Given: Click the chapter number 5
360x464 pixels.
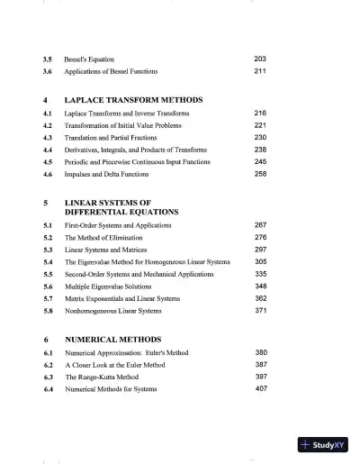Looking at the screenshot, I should click(x=45, y=203).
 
